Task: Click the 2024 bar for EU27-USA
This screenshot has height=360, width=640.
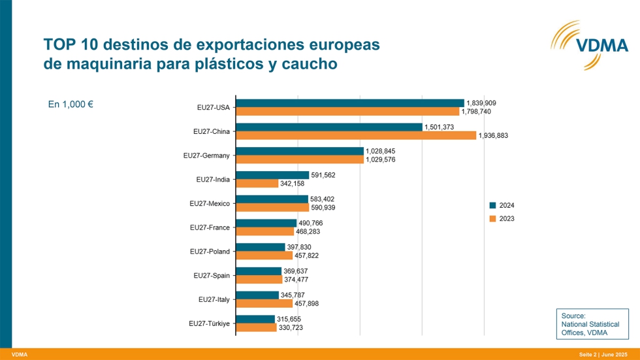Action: pyautogui.click(x=349, y=103)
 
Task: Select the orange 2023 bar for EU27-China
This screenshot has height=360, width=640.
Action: pyautogui.click(x=356, y=135)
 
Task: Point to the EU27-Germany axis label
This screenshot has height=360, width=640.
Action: pyautogui.click(x=206, y=155)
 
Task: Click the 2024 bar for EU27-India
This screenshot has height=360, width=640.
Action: pyautogui.click(x=272, y=175)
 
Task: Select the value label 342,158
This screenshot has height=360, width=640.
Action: pyautogui.click(x=296, y=184)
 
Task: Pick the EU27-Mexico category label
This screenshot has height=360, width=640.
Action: pyautogui.click(x=210, y=203)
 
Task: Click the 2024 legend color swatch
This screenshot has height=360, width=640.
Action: pyautogui.click(x=493, y=205)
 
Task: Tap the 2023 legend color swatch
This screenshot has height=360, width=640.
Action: pyautogui.click(x=493, y=218)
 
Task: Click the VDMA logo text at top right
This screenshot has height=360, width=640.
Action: pyautogui.click(x=601, y=45)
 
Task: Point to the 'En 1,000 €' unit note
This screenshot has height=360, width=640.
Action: pyautogui.click(x=71, y=104)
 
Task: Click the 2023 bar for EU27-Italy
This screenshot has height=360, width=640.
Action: pyautogui.click(x=264, y=303)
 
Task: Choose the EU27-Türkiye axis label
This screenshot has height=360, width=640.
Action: pyautogui.click(x=209, y=323)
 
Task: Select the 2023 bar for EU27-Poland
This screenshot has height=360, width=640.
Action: pyautogui.click(x=264, y=255)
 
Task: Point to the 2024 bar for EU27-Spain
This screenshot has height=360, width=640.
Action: pyautogui.click(x=259, y=271)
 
